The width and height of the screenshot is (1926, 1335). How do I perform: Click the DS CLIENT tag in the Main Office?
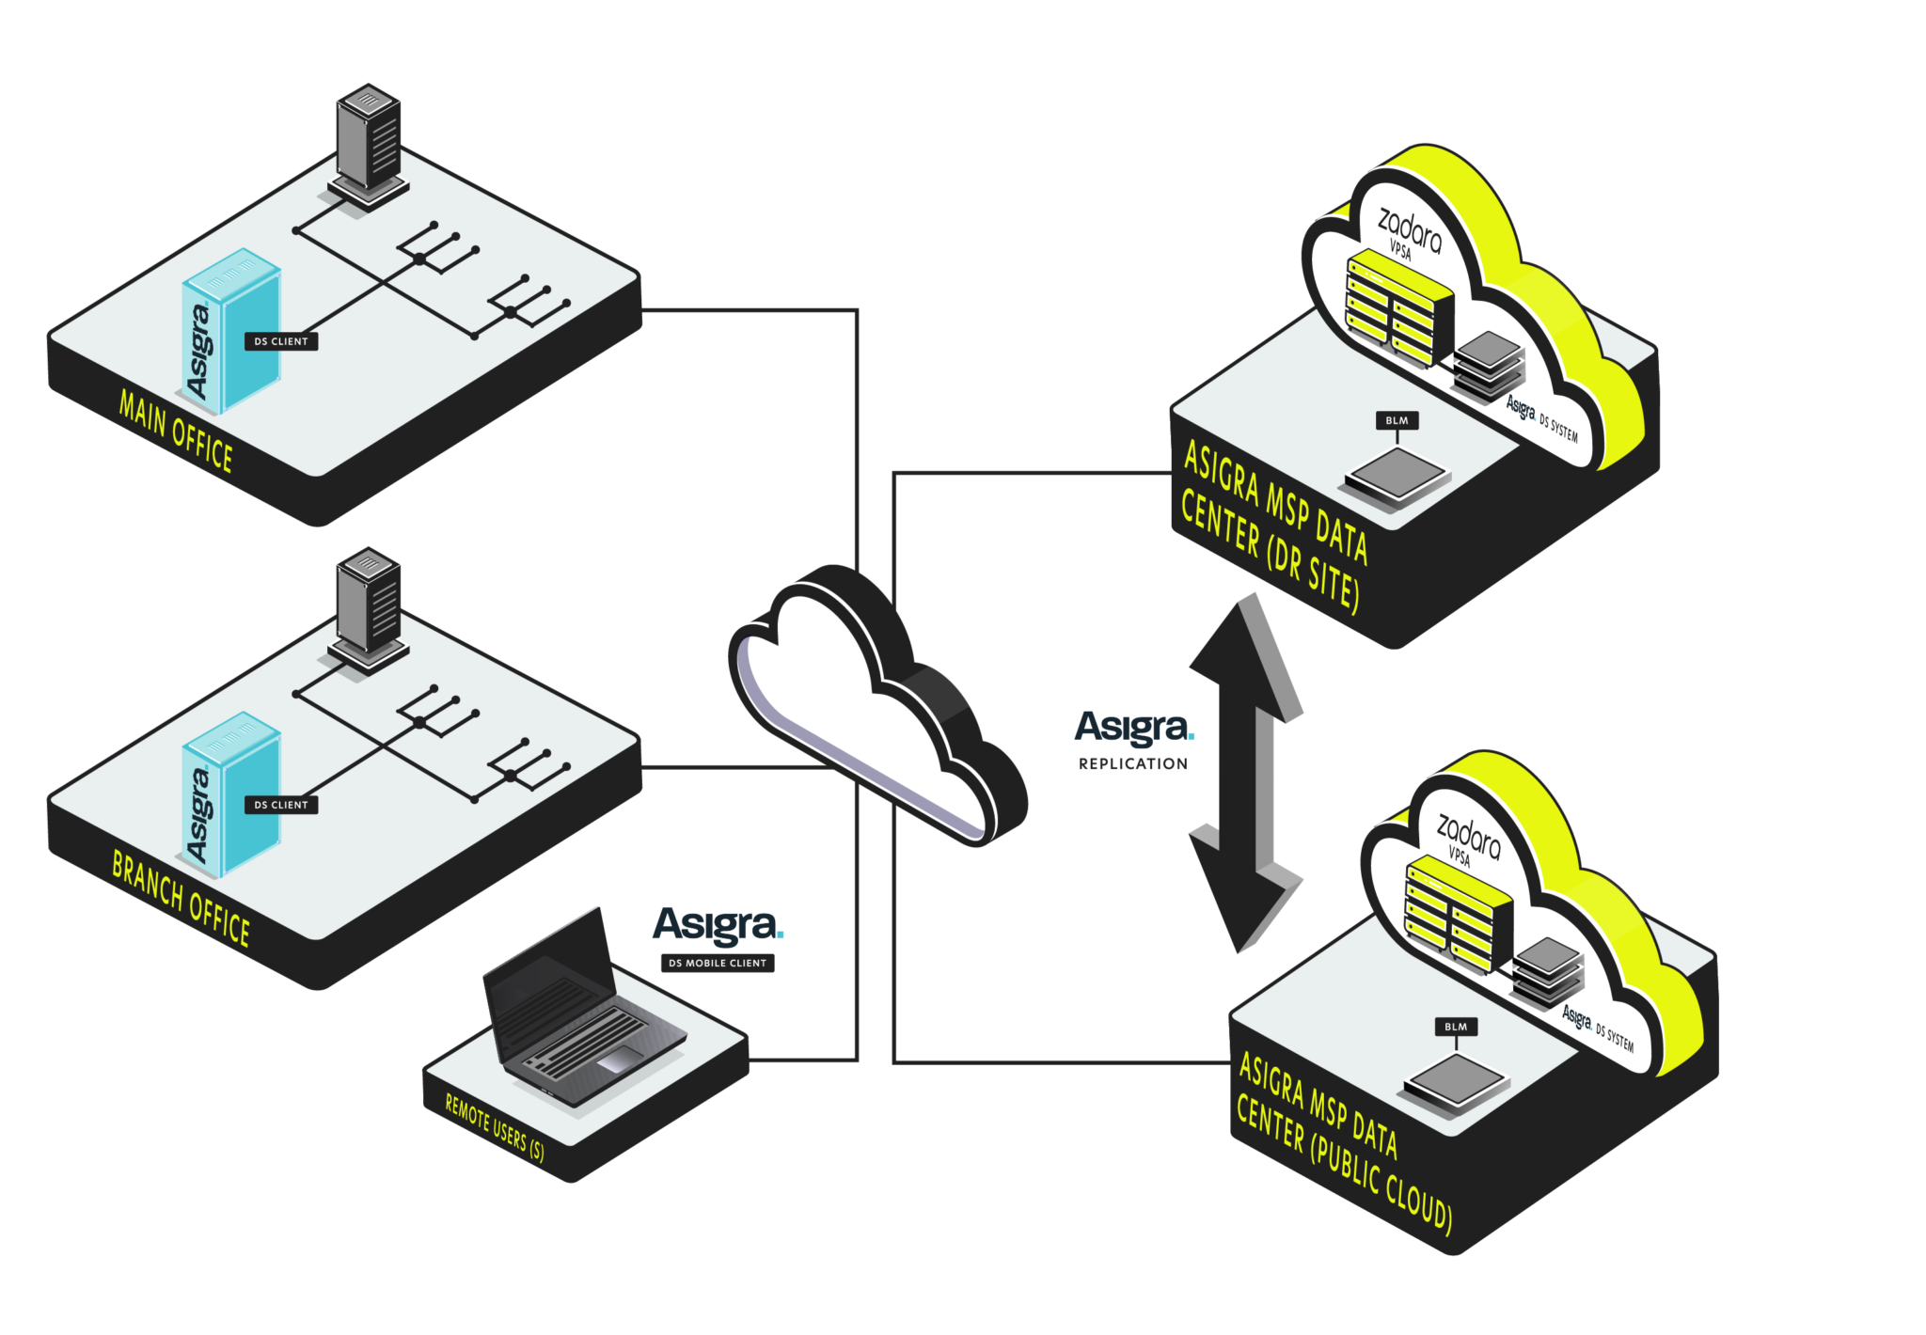click(x=281, y=341)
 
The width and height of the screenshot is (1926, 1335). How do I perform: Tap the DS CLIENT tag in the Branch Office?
click(x=281, y=805)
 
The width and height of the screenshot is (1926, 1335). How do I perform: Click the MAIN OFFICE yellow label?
click(x=176, y=431)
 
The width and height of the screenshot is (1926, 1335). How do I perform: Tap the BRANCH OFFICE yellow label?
click(x=181, y=899)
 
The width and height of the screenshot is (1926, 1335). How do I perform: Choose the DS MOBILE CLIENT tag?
click(x=718, y=963)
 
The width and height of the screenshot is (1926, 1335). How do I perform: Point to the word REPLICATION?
click(x=1132, y=763)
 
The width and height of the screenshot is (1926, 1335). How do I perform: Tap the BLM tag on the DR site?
click(x=1397, y=420)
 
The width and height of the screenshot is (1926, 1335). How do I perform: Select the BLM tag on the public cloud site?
click(x=1456, y=1027)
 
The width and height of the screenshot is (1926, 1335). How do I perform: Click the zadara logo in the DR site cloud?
click(x=1409, y=229)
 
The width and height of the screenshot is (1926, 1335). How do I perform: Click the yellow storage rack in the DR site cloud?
click(x=1399, y=308)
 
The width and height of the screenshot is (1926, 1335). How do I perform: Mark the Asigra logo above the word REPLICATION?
click(x=1134, y=728)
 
